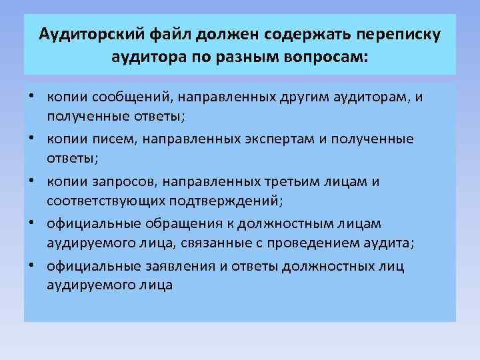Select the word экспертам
tap(247, 139)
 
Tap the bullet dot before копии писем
tap(32, 139)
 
